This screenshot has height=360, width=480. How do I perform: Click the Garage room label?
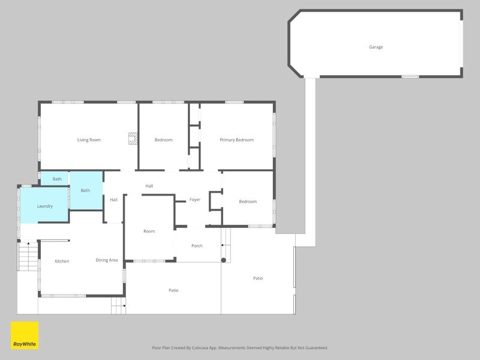pos(376,47)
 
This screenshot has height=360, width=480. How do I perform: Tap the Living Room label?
pos(89,140)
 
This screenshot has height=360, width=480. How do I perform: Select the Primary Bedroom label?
pos(236,140)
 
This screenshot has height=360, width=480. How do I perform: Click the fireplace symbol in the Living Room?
pos(133,139)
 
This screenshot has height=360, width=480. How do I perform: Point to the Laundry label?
pos(44,206)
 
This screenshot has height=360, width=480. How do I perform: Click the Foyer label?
pos(194,200)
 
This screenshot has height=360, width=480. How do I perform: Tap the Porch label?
pos(197,246)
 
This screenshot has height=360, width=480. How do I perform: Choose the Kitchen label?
pos(62,261)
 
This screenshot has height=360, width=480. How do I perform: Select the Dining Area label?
pos(107,260)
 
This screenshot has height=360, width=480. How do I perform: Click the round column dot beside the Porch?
pos(223,260)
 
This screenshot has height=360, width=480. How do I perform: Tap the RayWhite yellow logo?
pos(25,335)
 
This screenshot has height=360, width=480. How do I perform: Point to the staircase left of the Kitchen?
pos(28,256)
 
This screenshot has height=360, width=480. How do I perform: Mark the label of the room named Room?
pos(149,231)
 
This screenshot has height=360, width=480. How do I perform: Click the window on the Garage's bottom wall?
pos(410,77)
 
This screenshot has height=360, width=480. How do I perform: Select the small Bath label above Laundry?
pos(57,179)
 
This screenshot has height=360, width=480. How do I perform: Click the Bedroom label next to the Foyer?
pos(248,202)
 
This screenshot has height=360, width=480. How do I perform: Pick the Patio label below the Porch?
pos(173,290)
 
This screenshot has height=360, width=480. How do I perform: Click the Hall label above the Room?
pos(149,186)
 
